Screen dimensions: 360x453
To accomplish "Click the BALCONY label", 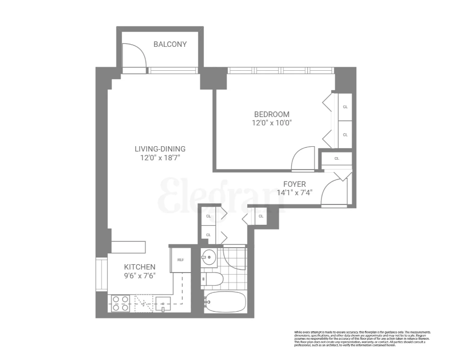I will (170, 44).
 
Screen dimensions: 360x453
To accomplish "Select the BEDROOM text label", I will (271, 114).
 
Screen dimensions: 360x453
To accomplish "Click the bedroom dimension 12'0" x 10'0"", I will (271, 123).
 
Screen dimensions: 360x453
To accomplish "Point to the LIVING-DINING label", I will (160, 148).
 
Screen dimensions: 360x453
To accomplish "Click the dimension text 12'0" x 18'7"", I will (160, 157).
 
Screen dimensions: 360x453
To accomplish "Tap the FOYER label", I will (294, 184).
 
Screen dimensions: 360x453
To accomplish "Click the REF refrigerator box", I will (180, 259).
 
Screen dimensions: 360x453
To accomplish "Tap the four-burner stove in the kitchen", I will (121, 303).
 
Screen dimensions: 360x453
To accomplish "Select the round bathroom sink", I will (210, 257).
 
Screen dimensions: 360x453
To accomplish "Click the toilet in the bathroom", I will (213, 280).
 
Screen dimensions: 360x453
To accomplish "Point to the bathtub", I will (225, 302).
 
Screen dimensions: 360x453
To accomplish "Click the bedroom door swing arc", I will (303, 159).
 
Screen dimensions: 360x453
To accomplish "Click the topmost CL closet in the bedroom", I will (344, 107).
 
